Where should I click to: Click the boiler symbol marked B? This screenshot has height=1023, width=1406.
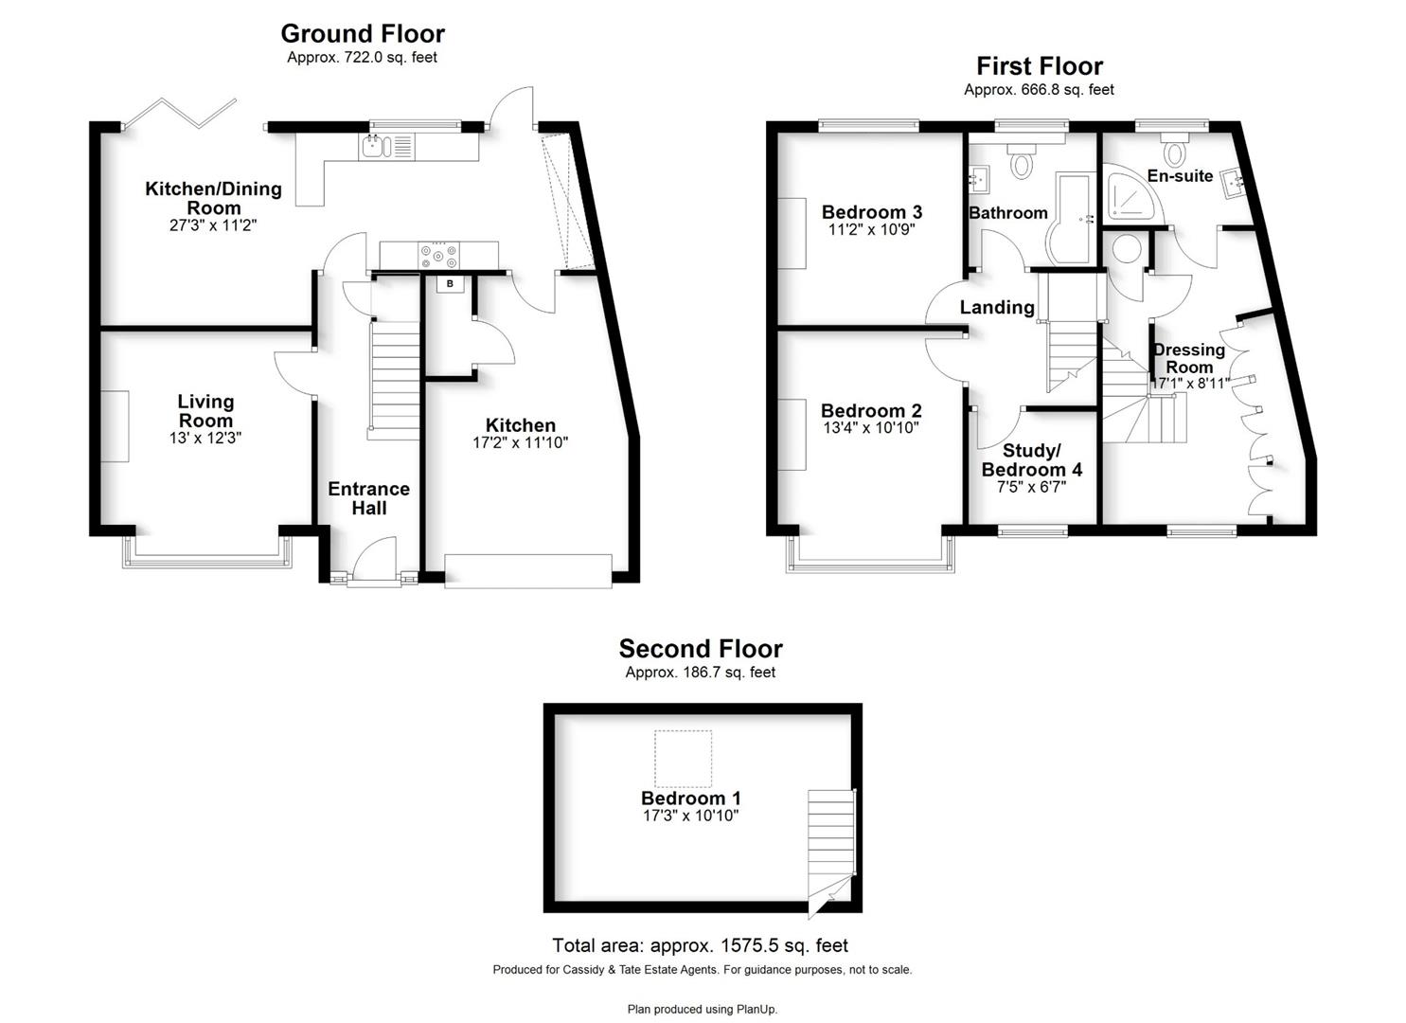(450, 284)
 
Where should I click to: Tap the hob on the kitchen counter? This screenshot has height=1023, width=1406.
(438, 256)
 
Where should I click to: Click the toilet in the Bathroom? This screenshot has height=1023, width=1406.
(1022, 160)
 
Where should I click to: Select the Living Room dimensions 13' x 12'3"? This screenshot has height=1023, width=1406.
(205, 438)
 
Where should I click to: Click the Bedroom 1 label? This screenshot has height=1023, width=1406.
(690, 799)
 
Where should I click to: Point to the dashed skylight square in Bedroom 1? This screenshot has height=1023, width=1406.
(683, 758)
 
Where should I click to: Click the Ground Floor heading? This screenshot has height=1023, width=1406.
(363, 33)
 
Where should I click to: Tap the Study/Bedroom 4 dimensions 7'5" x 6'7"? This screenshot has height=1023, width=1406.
(1031, 487)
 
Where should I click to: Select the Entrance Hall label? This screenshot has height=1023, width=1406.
(369, 498)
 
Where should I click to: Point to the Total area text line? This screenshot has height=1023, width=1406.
(700, 945)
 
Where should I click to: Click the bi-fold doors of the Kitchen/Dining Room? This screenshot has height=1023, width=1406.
(179, 113)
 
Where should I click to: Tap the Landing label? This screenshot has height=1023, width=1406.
(997, 307)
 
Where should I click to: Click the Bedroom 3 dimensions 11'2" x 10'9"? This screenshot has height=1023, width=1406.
(872, 229)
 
